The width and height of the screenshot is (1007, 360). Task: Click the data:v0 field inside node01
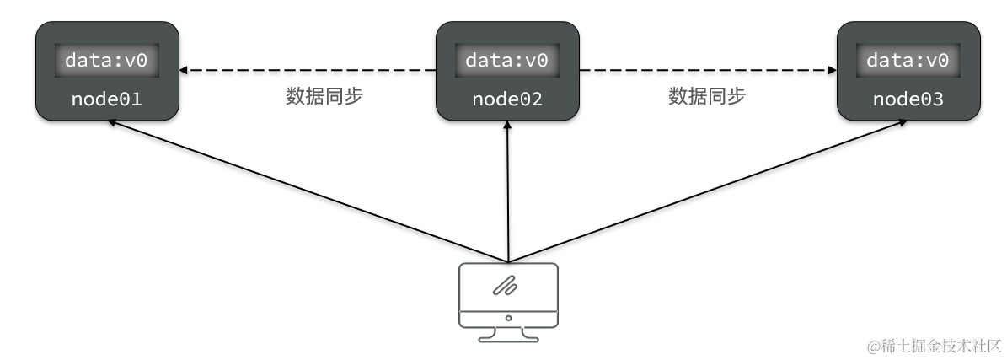106,61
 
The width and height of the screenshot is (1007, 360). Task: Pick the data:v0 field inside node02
506,61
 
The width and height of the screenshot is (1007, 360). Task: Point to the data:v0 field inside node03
908,61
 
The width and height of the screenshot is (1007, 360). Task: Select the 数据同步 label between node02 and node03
707,96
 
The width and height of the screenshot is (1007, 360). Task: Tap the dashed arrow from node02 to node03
708,70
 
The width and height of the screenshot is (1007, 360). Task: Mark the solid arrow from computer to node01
308,191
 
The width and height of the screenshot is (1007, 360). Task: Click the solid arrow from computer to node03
708,191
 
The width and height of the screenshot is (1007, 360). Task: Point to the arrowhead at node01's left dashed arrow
185,70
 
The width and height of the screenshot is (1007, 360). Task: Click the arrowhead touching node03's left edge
830,70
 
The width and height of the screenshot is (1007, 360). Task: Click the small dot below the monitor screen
507,319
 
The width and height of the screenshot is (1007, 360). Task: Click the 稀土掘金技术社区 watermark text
934,346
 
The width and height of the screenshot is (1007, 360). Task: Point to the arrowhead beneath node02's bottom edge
507,125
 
